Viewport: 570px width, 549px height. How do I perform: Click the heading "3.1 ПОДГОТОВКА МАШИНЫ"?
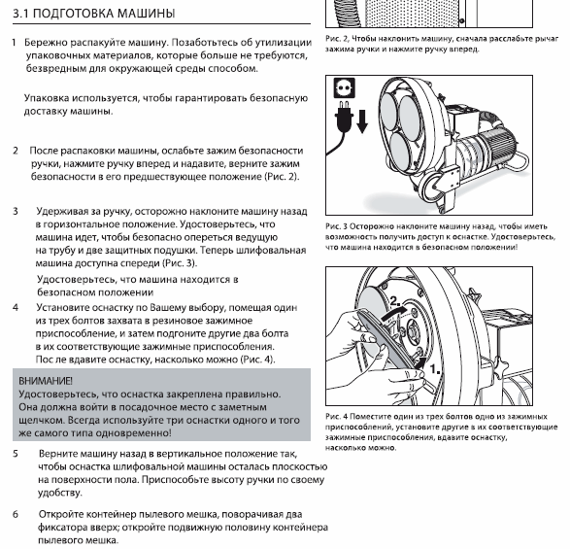coord(94,14)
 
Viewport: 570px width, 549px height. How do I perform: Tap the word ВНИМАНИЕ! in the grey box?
coord(46,381)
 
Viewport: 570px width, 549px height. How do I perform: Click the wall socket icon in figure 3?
coord(345,87)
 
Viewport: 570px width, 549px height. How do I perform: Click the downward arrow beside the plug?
coord(362,121)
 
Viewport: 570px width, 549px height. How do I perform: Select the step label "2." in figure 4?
coord(395,301)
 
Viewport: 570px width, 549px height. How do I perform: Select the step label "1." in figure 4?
coord(435,369)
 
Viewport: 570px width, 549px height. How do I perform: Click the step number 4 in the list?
coord(16,307)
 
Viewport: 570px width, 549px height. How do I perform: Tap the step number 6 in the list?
coord(16,514)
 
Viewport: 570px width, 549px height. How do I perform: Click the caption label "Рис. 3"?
coord(337,226)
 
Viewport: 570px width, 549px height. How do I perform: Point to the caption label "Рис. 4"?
coord(337,417)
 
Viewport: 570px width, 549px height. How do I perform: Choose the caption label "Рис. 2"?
coord(337,39)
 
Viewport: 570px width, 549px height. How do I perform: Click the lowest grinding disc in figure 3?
coord(396,150)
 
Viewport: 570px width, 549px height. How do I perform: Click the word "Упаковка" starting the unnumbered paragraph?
coord(47,98)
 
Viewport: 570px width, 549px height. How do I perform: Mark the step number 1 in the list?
coord(14,43)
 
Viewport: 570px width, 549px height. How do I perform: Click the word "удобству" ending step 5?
coord(60,493)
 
